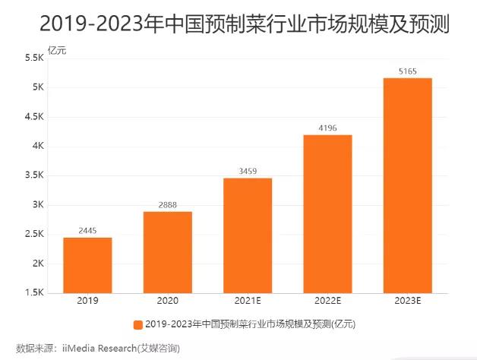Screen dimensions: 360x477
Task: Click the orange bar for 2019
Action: pos(87,265)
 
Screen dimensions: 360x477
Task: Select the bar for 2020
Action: pos(167,252)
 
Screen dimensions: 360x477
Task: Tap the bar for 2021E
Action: pos(248,235)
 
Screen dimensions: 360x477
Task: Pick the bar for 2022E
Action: pos(327,213)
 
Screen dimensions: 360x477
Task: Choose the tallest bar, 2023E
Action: pos(408,185)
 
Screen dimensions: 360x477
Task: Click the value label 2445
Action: pos(87,230)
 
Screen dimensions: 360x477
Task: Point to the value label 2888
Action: pos(167,204)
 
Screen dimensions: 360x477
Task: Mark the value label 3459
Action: pos(248,171)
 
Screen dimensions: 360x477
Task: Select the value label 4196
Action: pos(327,128)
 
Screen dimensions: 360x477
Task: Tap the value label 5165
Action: pos(408,71)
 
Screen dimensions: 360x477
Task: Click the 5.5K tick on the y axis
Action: pos(33,58)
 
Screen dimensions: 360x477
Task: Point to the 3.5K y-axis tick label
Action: pos(33,175)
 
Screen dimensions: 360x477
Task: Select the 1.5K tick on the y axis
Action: pos(33,293)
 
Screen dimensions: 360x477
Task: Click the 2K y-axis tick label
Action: pos(36,264)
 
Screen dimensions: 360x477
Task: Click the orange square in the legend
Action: pos(137,324)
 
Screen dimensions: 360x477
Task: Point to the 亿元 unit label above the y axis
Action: pos(58,50)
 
